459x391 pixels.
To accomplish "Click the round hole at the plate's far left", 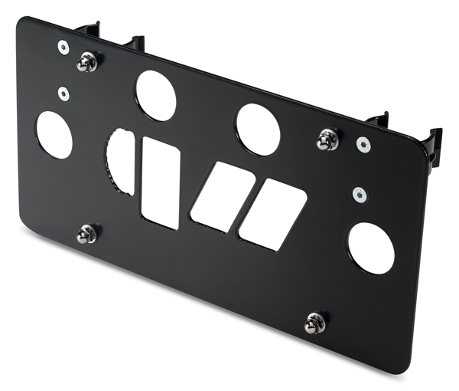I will pyautogui.click(x=54, y=135).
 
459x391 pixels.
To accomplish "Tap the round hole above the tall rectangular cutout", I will pyautogui.click(x=156, y=95).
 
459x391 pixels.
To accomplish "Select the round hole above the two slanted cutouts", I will pyautogui.click(x=258, y=129).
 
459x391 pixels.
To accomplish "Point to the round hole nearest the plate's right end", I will pyautogui.click(x=371, y=248).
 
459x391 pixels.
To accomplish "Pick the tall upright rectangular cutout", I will pyautogui.click(x=161, y=182).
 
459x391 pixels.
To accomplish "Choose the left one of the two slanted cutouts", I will pyautogui.click(x=223, y=195).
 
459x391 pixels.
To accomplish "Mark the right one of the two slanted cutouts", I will pyautogui.click(x=272, y=214).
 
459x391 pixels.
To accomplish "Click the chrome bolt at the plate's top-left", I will pyautogui.click(x=88, y=61).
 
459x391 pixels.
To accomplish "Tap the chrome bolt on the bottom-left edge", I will pyautogui.click(x=86, y=234).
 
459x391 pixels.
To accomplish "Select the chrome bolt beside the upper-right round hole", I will pyautogui.click(x=328, y=139).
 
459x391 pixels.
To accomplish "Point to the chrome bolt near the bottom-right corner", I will pyautogui.click(x=314, y=323).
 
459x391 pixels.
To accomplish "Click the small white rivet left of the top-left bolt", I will pyautogui.click(x=63, y=47).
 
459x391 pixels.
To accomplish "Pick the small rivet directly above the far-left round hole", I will pyautogui.click(x=63, y=94).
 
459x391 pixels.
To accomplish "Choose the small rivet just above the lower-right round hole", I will pyautogui.click(x=358, y=193).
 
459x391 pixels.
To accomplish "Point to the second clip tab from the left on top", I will pyautogui.click(x=135, y=43).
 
